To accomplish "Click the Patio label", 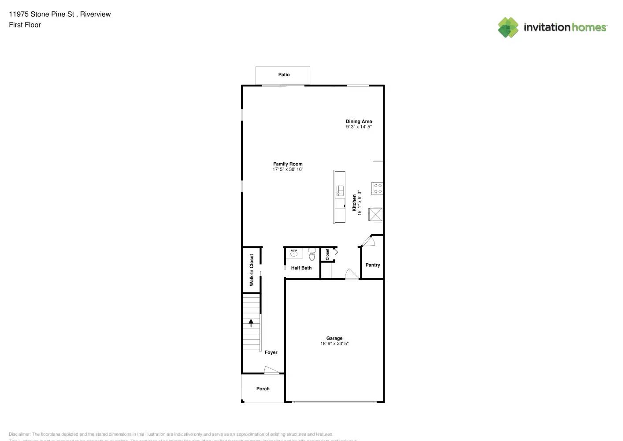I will (284, 75).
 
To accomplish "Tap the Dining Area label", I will (359, 121).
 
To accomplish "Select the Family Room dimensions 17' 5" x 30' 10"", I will (288, 169).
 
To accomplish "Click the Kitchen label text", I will (354, 203).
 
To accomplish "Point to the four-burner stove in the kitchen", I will (378, 189).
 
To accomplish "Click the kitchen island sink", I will (340, 191).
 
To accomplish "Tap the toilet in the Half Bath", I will (312, 254).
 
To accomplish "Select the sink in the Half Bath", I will (294, 253).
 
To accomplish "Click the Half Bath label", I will (301, 268).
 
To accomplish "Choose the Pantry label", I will (372, 265).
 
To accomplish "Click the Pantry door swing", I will (367, 241).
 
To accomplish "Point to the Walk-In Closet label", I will (252, 270).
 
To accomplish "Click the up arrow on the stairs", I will (251, 323).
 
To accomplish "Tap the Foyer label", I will (271, 352).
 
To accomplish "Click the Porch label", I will (263, 389).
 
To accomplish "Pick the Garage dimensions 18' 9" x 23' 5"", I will (334, 344).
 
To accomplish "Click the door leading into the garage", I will (352, 274).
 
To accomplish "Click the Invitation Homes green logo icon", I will (508, 27).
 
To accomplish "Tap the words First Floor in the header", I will (25, 25).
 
